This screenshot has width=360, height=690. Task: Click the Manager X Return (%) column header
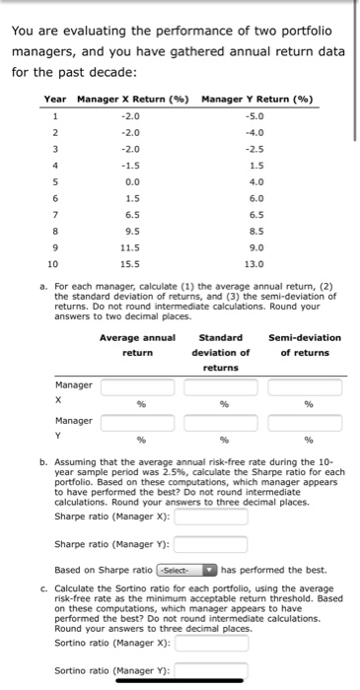pyautogui.click(x=133, y=99)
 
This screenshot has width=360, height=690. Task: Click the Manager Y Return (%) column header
pyautogui.click(x=256, y=99)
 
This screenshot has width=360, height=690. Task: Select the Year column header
pyautogui.click(x=55, y=99)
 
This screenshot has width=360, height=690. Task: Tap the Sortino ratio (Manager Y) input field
pyautogui.click(x=218, y=670)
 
